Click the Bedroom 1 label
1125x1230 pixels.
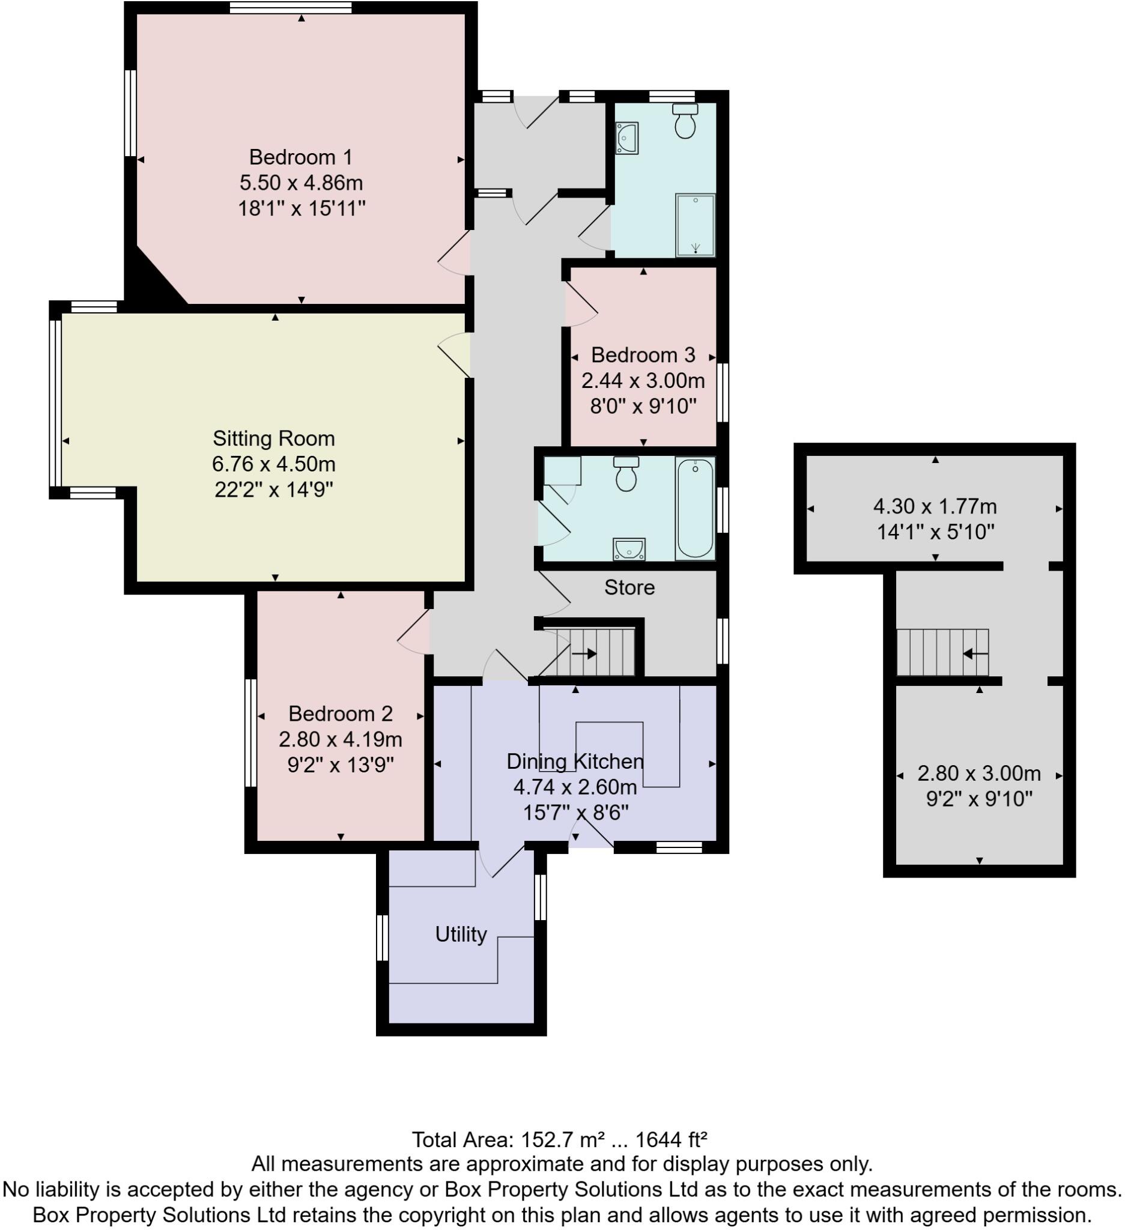[301, 157]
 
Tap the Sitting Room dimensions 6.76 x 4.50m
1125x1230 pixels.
[273, 464]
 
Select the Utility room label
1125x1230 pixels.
[461, 934]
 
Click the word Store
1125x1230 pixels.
[629, 587]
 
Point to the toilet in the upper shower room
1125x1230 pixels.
[685, 122]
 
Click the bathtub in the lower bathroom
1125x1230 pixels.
[695, 508]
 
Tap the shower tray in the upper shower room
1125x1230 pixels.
[695, 225]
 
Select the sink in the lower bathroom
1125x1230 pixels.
[629, 550]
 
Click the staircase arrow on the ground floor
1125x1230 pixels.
[584, 654]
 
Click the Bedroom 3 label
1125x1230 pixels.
[643, 355]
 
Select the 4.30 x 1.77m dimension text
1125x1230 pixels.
[935, 506]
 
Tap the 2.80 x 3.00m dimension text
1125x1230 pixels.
[978, 774]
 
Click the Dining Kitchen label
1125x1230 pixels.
[575, 762]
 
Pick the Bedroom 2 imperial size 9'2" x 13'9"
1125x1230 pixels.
[341, 765]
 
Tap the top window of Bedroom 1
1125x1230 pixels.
[291, 8]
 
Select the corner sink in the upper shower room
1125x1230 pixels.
[626, 138]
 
